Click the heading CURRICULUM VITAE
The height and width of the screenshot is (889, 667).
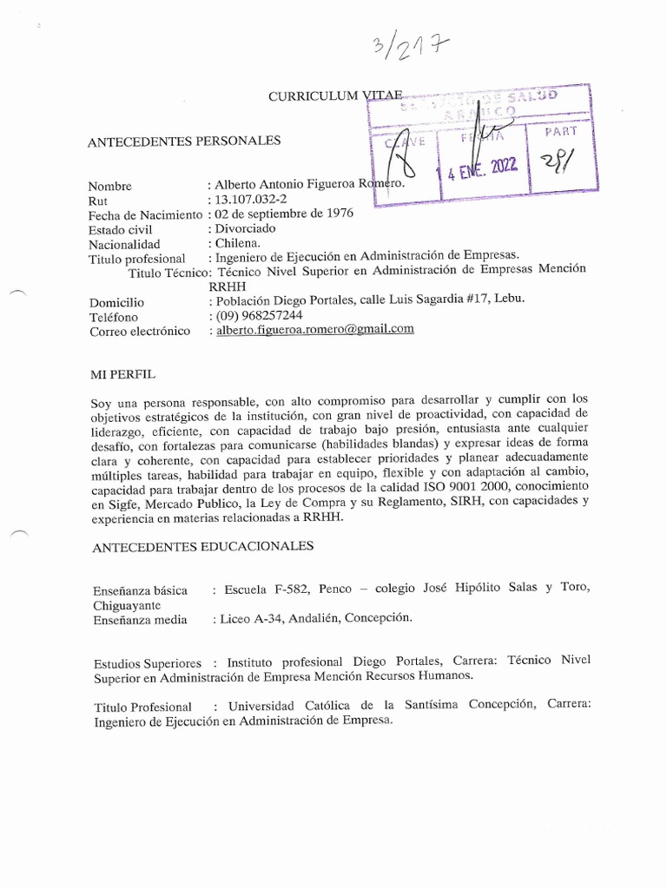pos(334,96)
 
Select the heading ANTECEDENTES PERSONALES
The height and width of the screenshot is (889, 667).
pos(185,141)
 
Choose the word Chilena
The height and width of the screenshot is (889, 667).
pos(237,243)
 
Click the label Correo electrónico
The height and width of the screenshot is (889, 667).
pos(140,331)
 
